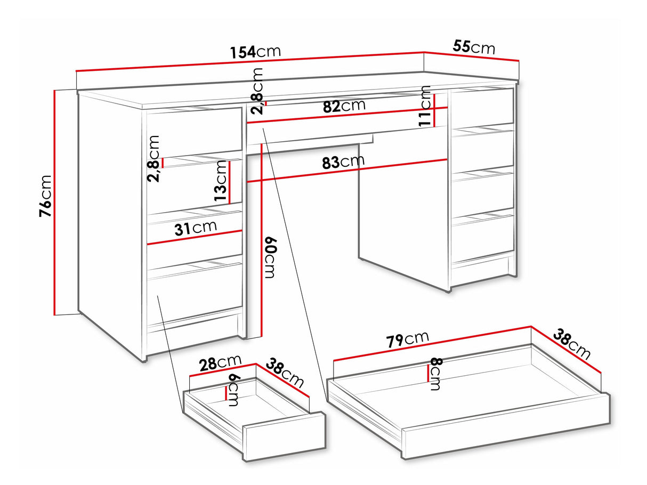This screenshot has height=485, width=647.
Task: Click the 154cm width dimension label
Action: pyautogui.click(x=255, y=52)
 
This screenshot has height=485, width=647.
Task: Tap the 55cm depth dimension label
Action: pyautogui.click(x=474, y=47)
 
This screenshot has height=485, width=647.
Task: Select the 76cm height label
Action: pyautogui.click(x=46, y=196)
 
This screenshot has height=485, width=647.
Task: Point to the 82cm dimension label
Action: pyautogui.click(x=344, y=106)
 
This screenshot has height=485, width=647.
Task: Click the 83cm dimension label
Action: pyautogui.click(x=343, y=161)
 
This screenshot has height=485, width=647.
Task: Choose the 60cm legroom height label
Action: pyautogui.click(x=270, y=257)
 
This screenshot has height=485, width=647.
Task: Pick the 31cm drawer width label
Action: pyautogui.click(x=196, y=228)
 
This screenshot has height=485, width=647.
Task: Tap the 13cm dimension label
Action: pyautogui.click(x=221, y=181)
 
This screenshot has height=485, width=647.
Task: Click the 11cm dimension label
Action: pyautogui.click(x=425, y=106)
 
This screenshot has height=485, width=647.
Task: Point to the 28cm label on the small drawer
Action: pyautogui.click(x=220, y=363)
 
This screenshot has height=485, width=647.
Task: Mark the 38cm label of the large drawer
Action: pyautogui.click(x=571, y=344)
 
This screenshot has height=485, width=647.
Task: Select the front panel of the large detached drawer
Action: pyautogui.click(x=506, y=426)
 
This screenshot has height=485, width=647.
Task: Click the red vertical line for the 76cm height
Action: pyautogui.click(x=55, y=203)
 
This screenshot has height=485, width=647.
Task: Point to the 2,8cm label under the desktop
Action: pyautogui.click(x=256, y=91)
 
